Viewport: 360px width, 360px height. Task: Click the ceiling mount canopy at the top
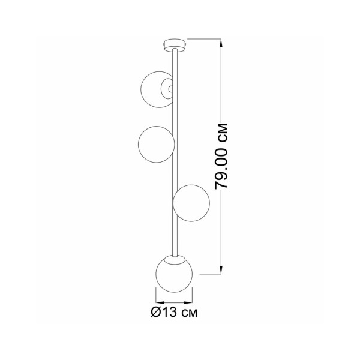click(174, 44)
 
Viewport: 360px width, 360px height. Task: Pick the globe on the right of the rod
click(191, 202)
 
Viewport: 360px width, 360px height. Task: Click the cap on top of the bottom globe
click(174, 258)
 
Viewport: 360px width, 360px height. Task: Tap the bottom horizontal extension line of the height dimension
click(210, 274)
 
